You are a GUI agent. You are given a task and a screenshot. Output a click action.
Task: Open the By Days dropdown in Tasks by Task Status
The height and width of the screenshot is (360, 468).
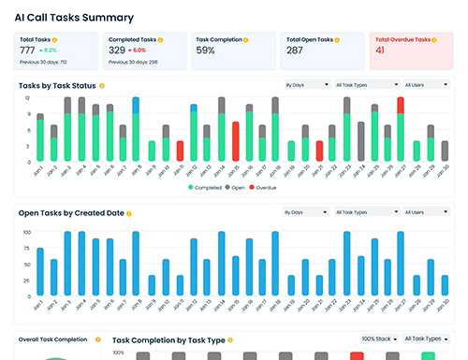pos(304,85)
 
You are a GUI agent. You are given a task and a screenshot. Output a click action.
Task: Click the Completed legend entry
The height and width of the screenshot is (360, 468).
pos(209,187)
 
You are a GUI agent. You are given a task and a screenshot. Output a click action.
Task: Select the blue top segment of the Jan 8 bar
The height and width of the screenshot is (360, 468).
pos(137,104)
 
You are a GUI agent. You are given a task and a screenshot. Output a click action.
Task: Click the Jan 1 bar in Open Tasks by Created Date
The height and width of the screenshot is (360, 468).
pos(40,270)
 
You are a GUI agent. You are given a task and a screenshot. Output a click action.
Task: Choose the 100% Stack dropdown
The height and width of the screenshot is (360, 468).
pos(377,338)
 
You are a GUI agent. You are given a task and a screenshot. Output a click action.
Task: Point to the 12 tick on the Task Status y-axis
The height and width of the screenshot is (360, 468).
pos(28,97)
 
